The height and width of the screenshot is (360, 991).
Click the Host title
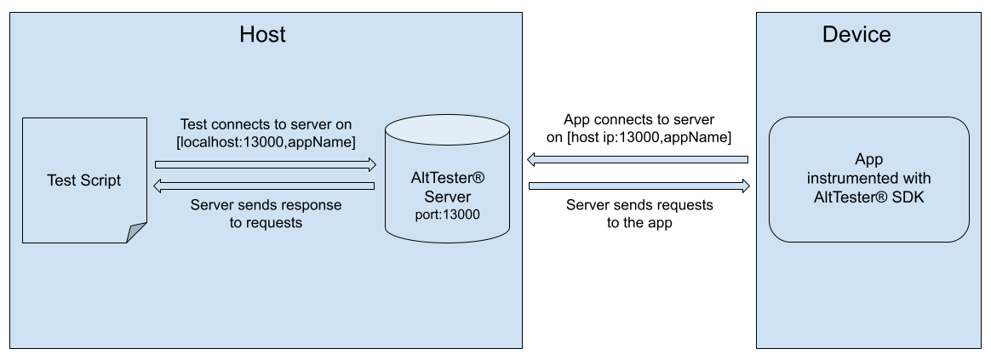click(x=262, y=35)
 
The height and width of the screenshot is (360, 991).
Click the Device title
click(x=856, y=35)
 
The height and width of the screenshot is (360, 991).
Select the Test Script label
click(x=83, y=180)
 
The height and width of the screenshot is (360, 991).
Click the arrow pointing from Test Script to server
click(x=265, y=163)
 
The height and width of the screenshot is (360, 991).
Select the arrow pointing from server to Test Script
click(x=265, y=186)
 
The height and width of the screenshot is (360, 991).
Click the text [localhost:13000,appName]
click(x=266, y=141)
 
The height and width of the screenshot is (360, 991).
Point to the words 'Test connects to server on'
click(x=266, y=124)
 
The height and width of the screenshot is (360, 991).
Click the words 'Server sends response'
click(x=266, y=205)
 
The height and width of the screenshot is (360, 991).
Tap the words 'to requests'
click(x=266, y=222)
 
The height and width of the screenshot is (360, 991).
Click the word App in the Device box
click(x=868, y=160)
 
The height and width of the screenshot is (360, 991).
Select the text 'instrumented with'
click(x=868, y=178)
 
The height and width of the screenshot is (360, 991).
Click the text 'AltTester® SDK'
click(x=868, y=196)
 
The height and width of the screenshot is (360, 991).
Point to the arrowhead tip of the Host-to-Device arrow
click(x=747, y=186)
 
